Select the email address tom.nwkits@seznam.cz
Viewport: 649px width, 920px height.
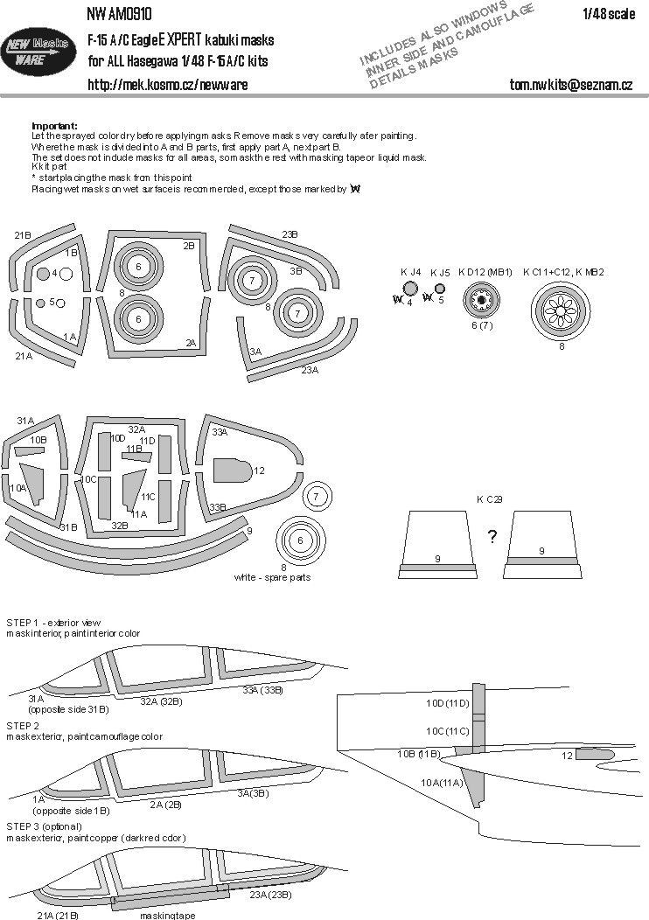(570, 85)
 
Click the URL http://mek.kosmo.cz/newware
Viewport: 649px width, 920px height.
(167, 85)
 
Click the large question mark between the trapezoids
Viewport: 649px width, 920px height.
(492, 537)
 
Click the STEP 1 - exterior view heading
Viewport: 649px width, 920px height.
(59, 622)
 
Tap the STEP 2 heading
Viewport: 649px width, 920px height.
(23, 726)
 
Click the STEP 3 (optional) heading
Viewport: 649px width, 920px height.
(44, 826)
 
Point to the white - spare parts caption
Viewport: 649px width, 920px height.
(272, 578)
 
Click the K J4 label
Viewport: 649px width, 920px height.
(410, 272)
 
